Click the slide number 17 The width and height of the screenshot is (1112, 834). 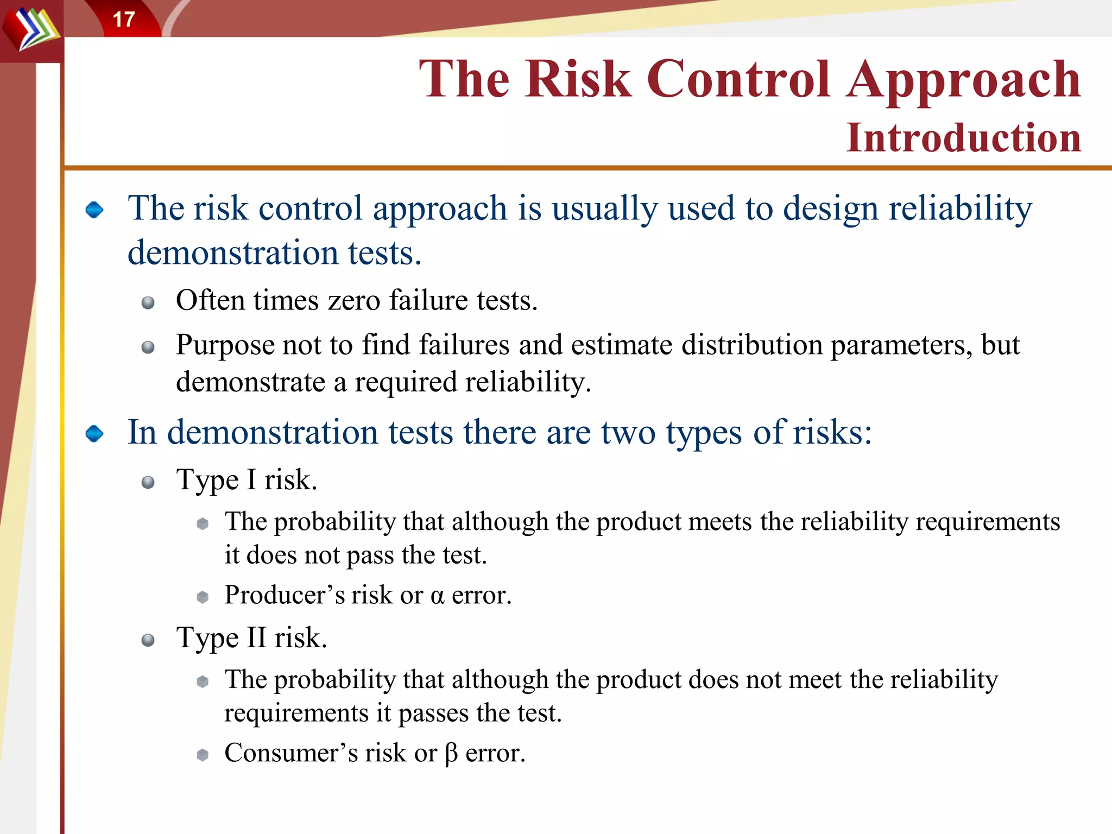pos(124,20)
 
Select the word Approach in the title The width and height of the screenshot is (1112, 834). pos(963,80)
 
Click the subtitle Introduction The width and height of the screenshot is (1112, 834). pos(963,138)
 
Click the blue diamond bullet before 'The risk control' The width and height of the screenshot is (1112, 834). pos(94,210)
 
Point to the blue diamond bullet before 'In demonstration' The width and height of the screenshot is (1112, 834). pos(94,434)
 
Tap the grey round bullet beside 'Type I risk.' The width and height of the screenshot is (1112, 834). pos(148,482)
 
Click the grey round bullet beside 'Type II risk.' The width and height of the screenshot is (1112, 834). pos(148,640)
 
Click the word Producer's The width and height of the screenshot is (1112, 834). pos(285,595)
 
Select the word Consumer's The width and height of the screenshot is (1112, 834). pos(291,753)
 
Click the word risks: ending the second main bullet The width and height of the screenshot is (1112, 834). pos(832,433)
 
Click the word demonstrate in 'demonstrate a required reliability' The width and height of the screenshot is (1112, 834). pos(250,382)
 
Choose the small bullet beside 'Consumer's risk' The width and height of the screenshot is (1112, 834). pos(203,755)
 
